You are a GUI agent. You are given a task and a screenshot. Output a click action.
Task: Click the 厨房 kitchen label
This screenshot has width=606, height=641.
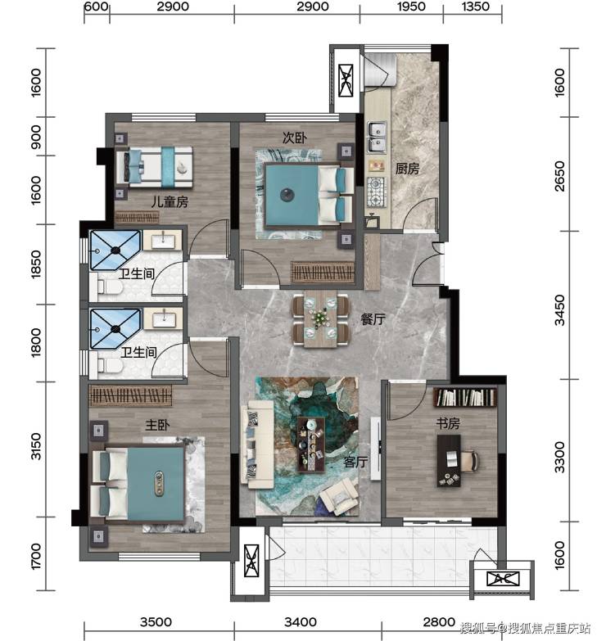pyautogui.click(x=407, y=169)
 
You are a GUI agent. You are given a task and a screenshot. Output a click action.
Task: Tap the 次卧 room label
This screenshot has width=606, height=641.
pyautogui.click(x=295, y=138)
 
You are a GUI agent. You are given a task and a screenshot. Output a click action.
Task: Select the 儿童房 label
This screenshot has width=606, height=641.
pyautogui.click(x=170, y=201)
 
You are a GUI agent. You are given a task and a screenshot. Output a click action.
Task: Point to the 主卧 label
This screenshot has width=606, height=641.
pyautogui.click(x=157, y=425)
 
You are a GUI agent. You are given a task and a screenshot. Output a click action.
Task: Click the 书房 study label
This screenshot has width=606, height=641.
pyautogui.click(x=448, y=423)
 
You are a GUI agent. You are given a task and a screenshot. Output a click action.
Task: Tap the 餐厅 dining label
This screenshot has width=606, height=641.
pyautogui.click(x=373, y=319)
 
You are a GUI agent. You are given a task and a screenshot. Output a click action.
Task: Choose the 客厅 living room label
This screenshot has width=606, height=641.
pyautogui.click(x=355, y=462)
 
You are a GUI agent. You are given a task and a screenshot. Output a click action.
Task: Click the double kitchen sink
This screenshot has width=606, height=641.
pyautogui.click(x=377, y=138)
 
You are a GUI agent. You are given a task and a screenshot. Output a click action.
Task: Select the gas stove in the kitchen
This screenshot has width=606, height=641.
pyautogui.click(x=376, y=192)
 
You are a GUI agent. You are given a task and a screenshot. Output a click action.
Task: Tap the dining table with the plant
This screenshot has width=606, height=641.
pyautogui.click(x=320, y=318)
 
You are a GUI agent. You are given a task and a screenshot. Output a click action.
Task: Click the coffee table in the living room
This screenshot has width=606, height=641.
pyautogui.click(x=311, y=444)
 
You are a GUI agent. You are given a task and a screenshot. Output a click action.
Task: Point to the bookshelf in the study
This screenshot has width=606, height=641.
pyautogui.click(x=465, y=397)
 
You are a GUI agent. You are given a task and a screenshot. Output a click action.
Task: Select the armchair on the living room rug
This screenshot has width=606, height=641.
pyautogui.click(x=339, y=496)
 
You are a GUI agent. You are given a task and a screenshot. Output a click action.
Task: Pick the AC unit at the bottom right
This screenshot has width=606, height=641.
pyautogui.click(x=503, y=579)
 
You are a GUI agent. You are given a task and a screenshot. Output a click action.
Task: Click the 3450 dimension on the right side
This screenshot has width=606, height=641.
pyautogui.click(x=559, y=311)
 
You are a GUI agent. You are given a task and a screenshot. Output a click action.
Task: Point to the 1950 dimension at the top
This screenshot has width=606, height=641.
pyautogui.click(x=411, y=7)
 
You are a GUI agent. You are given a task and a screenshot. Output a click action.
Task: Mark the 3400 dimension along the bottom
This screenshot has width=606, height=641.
pyautogui.click(x=301, y=622)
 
